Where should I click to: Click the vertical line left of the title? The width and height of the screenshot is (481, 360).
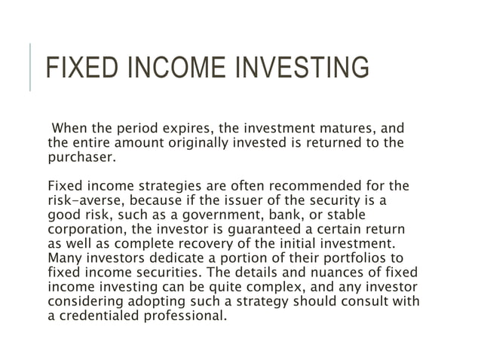coord(30,67)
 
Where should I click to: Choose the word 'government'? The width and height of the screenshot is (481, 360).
coord(220,214)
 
